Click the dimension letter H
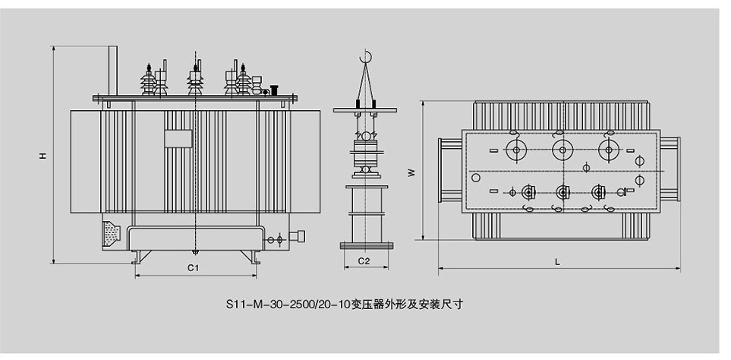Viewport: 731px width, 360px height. coord(43,155)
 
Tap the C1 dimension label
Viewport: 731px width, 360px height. coord(194,267)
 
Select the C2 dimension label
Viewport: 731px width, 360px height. coord(364,261)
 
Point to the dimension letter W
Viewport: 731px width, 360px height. coord(411,172)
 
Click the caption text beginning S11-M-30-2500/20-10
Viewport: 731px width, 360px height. coord(344,305)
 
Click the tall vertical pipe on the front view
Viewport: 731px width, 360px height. coord(112,71)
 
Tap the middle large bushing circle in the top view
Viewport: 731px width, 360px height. coord(561,150)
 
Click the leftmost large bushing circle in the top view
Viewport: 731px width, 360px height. coord(516,150)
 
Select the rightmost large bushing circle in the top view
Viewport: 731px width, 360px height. coord(607,150)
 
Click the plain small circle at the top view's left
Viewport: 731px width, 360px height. coord(476,178)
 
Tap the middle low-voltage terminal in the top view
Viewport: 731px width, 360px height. coord(562,192)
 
